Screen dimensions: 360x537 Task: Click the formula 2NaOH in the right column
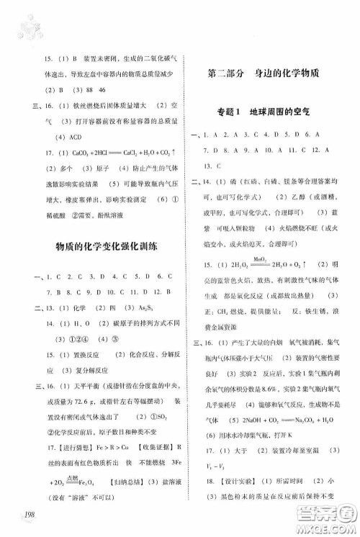pyautogui.click(x=248, y=418)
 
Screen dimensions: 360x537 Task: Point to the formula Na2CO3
pyautogui.click(x=305, y=418)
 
